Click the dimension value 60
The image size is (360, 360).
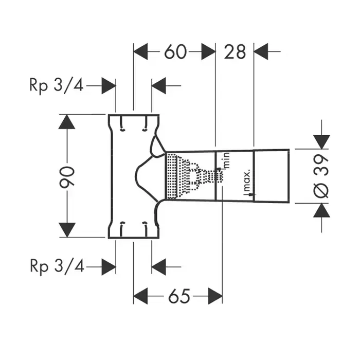tap(175, 51)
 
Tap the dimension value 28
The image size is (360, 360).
tap(236, 51)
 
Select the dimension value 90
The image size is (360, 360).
tap(68, 176)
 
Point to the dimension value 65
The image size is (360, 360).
tap(178, 296)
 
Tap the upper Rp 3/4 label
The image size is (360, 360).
tap(56, 86)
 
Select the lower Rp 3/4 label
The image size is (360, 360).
tap(56, 266)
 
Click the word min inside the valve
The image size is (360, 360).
tap(224, 161)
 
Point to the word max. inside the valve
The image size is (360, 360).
tap(247, 180)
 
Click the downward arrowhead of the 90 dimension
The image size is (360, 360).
tap(67, 230)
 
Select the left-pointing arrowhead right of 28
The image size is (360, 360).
tap(262, 51)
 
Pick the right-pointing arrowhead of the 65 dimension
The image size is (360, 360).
tap(215, 296)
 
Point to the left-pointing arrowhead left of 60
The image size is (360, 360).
tap(141, 51)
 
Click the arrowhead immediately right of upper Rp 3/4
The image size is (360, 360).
tap(108, 86)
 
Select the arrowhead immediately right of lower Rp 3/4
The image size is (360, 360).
tap(108, 266)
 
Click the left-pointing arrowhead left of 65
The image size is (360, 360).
tap(141, 296)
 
